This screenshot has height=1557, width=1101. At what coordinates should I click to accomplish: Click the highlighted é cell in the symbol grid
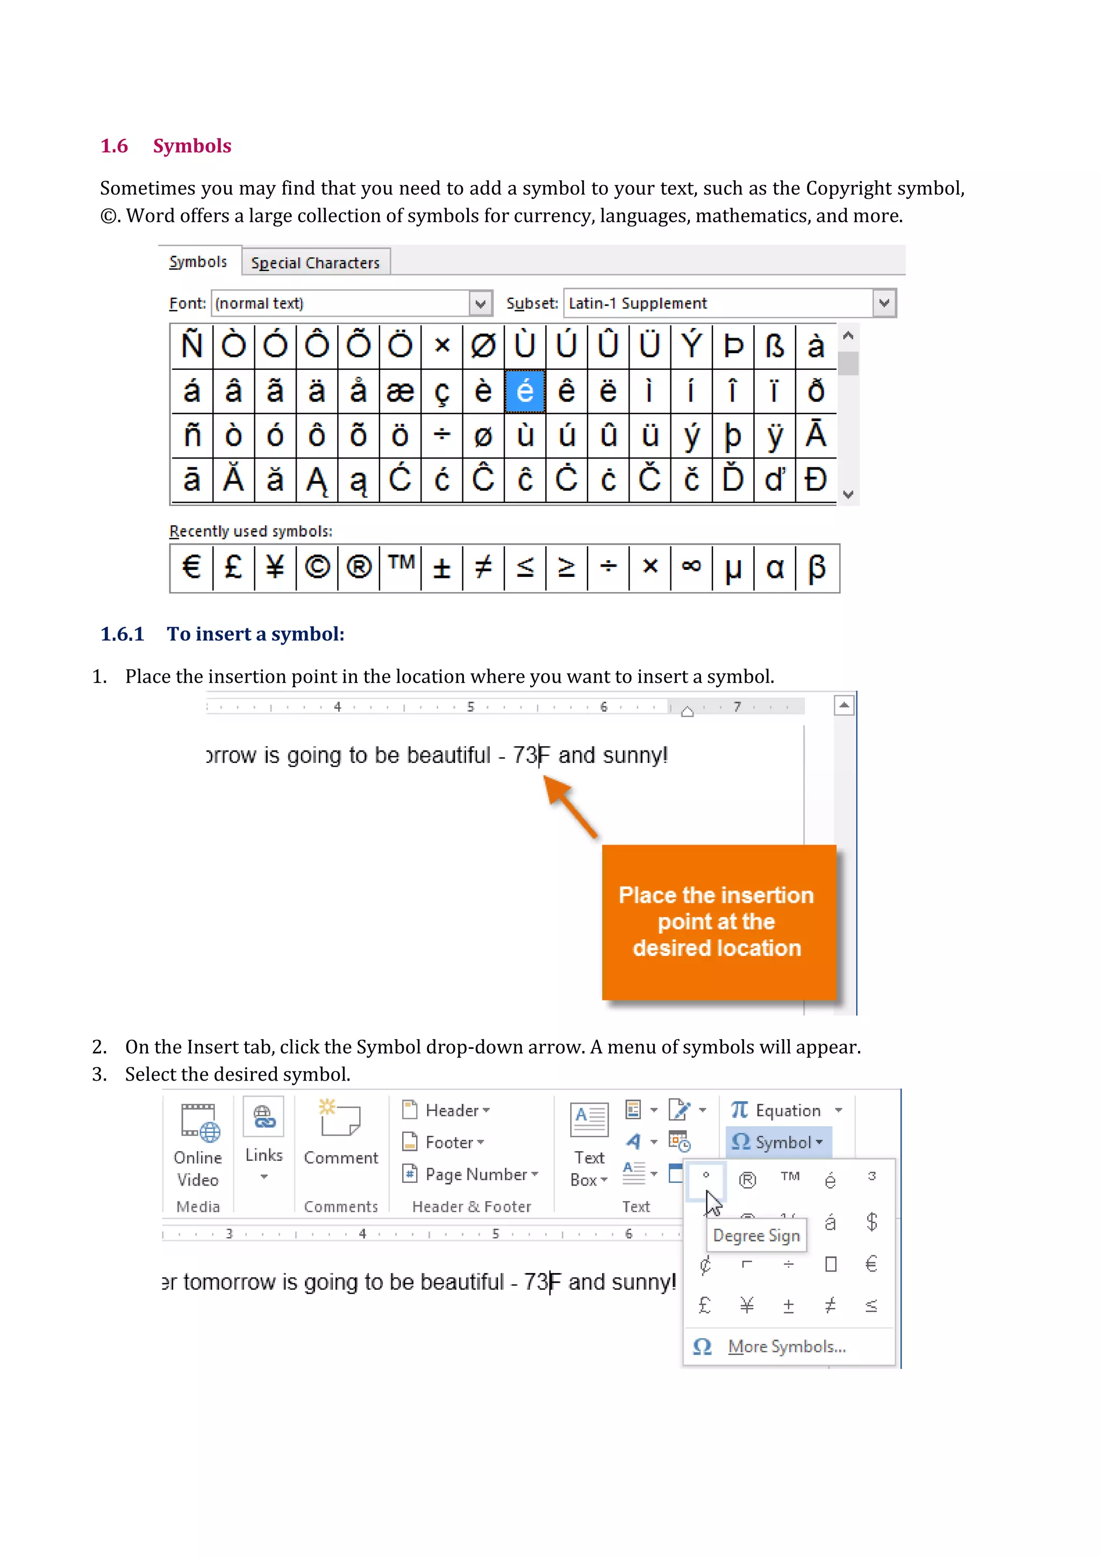click(x=525, y=391)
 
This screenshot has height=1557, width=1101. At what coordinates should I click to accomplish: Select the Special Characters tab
click(x=315, y=262)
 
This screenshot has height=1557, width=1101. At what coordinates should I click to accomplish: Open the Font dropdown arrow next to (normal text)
click(x=480, y=303)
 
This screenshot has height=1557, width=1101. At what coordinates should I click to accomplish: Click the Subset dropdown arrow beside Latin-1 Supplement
click(x=883, y=303)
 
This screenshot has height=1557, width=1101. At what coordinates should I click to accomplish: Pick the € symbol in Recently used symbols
click(x=192, y=567)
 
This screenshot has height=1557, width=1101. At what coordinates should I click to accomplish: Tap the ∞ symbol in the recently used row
click(x=691, y=567)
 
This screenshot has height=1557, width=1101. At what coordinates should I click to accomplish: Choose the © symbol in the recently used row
click(x=317, y=567)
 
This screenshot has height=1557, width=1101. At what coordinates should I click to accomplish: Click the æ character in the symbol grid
click(x=400, y=391)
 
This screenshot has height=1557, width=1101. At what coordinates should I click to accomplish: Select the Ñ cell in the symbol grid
click(x=192, y=346)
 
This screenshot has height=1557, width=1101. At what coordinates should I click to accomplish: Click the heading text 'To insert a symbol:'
click(x=255, y=634)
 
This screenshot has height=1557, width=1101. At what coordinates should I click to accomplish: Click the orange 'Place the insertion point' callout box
click(x=717, y=922)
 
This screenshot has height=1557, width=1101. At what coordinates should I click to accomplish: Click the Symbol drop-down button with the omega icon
click(x=777, y=1142)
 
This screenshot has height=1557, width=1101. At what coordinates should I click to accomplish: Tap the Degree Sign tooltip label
click(x=756, y=1235)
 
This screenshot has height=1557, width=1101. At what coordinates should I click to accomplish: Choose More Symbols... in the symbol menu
click(x=787, y=1346)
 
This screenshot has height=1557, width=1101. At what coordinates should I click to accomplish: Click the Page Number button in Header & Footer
click(x=475, y=1174)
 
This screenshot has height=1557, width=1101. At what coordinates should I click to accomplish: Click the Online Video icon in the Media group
click(x=198, y=1122)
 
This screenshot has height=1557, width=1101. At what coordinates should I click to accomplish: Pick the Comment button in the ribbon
click(x=340, y=1132)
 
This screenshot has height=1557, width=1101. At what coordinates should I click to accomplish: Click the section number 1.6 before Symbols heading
click(x=114, y=146)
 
